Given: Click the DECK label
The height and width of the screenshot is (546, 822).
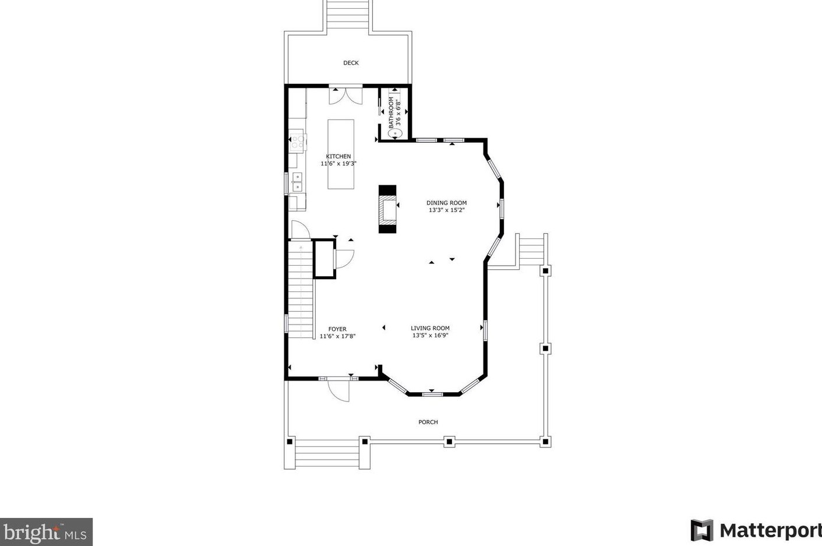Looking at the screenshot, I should tap(351, 63).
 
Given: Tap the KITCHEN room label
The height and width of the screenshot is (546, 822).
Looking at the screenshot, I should tap(338, 156).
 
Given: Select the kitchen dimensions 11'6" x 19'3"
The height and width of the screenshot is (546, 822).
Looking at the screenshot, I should tap(338, 164).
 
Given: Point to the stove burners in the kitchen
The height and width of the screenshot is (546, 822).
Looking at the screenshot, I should tap(298, 141).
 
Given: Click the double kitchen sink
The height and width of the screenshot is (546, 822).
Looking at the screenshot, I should tap(297, 182).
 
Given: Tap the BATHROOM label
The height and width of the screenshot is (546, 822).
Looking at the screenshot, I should tap(391, 112).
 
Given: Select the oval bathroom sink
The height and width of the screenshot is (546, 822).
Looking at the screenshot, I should tap(396, 133).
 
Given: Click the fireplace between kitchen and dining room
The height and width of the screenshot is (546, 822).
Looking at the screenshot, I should tap(387, 209).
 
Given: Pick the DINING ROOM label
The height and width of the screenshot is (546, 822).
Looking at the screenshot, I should tap(446, 203).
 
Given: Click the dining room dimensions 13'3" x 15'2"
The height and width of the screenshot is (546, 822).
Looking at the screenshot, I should tap(446, 210).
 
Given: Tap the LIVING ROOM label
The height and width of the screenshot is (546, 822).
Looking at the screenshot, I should tap(430, 328).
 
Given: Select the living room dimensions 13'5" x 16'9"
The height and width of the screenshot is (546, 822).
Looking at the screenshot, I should tap(430, 336).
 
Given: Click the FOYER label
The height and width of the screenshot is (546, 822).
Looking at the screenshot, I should tap(337, 329).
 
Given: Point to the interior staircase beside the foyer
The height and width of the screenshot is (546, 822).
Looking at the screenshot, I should tap(301, 291).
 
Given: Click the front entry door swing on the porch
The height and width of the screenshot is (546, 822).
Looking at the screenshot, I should tap(338, 390).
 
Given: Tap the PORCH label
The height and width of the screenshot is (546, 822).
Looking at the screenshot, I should tap(428, 422).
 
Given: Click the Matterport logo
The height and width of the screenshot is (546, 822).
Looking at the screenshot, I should tap(756, 530).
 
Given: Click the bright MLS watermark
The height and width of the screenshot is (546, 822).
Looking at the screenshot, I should tap(46, 532).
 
